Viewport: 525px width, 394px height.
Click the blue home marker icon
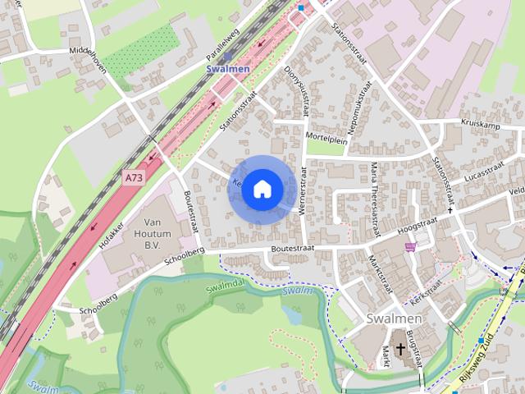coord(261,190)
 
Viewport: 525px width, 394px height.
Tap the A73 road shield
coord(132,176)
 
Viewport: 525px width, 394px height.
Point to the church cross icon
coord(400,349)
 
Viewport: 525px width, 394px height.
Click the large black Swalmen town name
coord(394,318)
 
